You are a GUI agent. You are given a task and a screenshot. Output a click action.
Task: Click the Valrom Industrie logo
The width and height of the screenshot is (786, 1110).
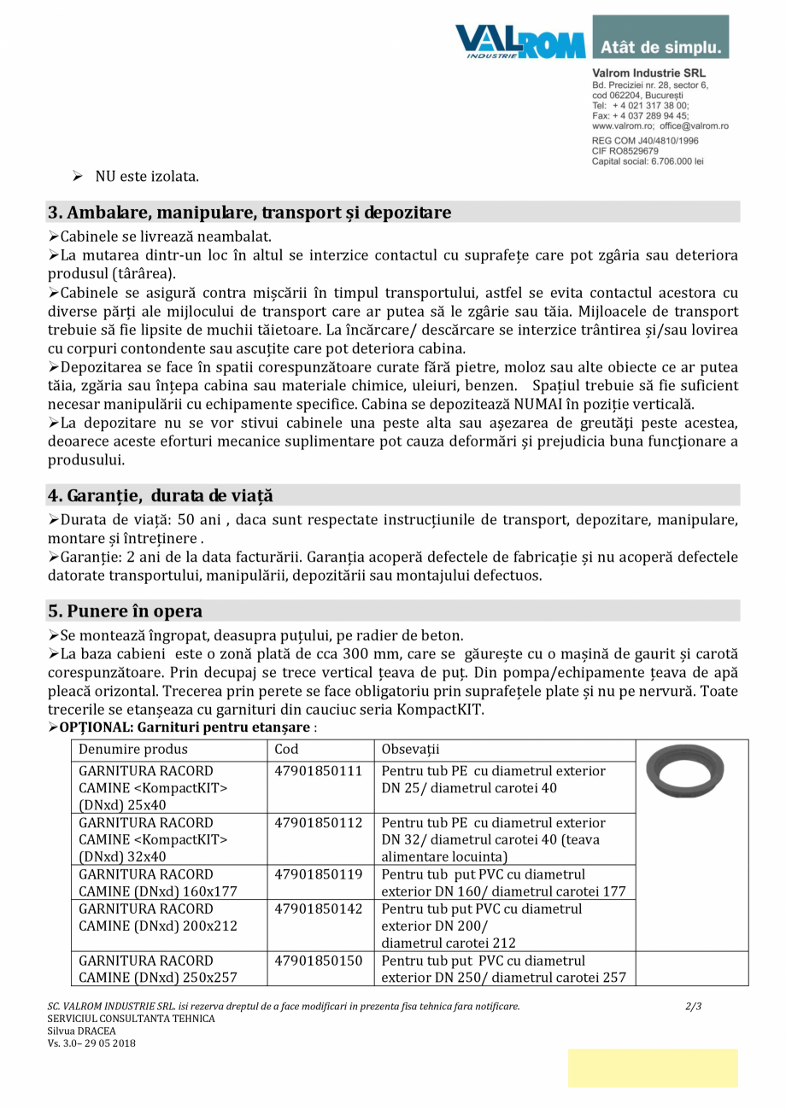(519, 40)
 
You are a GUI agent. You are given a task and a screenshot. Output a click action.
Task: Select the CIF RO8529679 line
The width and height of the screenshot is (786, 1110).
(625, 150)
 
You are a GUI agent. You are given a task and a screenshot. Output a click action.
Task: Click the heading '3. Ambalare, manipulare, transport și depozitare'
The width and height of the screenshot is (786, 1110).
(249, 213)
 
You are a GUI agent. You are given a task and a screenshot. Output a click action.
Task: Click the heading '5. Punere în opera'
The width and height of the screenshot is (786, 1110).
(126, 611)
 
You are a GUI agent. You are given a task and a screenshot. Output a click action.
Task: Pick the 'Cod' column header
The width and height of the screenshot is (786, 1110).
(286, 750)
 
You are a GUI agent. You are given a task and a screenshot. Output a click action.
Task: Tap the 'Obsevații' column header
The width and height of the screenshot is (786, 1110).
(410, 750)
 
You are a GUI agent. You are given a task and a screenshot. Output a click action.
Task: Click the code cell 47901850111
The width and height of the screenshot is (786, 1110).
(319, 771)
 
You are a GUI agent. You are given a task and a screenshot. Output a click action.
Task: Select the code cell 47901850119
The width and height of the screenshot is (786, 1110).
(319, 874)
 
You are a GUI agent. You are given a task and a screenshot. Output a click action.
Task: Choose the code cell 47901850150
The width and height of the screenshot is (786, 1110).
(319, 961)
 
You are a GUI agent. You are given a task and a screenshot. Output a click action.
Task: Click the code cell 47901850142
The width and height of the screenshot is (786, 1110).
(319, 909)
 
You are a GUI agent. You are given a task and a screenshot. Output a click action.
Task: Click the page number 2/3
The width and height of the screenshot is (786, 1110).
(694, 1007)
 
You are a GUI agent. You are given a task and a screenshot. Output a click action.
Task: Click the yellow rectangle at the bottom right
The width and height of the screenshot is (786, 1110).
(653, 1068)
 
